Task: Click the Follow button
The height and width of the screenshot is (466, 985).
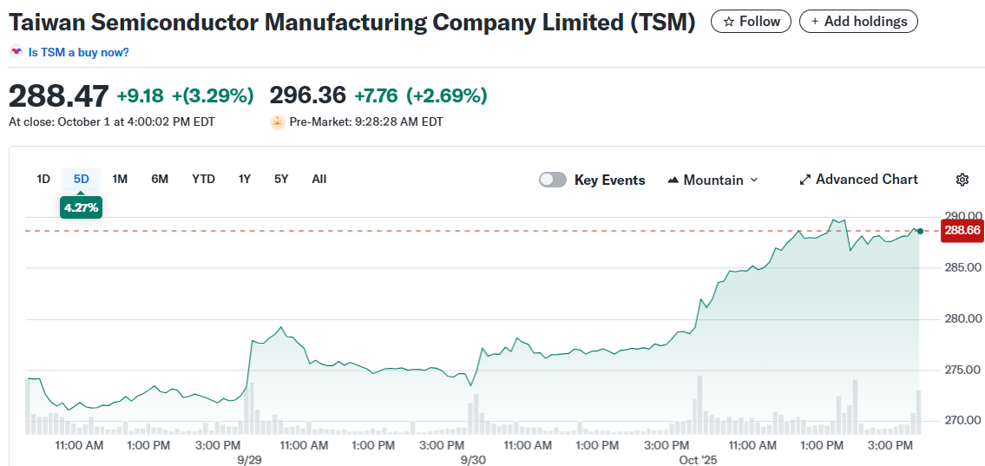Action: coord(751,22)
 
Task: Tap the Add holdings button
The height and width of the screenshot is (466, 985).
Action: coord(857,22)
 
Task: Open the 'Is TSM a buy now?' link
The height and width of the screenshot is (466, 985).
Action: coord(78,52)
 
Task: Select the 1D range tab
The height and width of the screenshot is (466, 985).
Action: coord(43,179)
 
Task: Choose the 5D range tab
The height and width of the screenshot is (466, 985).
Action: coord(81,179)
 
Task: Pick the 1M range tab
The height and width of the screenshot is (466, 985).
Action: coord(120,179)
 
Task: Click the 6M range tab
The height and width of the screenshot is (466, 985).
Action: coord(160,179)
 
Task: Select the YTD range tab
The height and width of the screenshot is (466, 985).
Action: coord(203,179)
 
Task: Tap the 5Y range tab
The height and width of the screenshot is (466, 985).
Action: coord(280,179)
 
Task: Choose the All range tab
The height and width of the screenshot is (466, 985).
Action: coord(318,179)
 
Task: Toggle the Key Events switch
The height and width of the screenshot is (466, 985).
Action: coord(553,180)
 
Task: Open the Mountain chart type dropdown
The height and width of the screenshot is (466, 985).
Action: coord(712,180)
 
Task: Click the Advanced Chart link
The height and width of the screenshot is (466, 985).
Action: coord(858,180)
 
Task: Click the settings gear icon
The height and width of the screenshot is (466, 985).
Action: coord(962,180)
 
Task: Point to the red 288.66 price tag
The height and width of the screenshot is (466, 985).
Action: coord(962,230)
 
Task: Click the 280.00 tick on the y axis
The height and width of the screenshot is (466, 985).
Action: coord(963,318)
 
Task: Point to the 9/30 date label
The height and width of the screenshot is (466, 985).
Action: coord(473,459)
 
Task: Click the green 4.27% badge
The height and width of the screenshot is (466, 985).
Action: coord(81,207)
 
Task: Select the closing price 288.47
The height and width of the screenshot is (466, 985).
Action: coord(59,95)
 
